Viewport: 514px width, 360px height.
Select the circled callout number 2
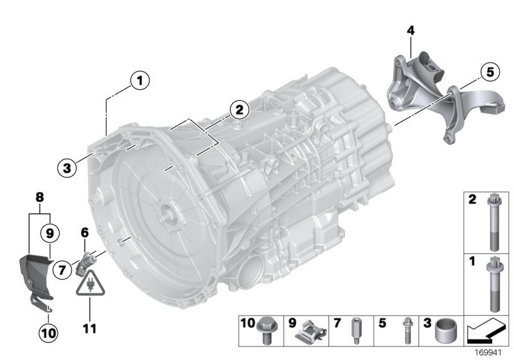click(x=239, y=110)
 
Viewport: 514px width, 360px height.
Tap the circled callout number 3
click(x=66, y=169)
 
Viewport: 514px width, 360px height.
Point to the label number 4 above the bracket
click(x=411, y=30)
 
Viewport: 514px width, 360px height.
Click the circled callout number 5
click(x=490, y=72)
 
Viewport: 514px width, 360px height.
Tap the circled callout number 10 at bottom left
click(x=49, y=332)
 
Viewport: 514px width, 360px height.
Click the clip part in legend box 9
click(x=310, y=330)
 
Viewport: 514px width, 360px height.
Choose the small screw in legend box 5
click(x=406, y=330)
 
